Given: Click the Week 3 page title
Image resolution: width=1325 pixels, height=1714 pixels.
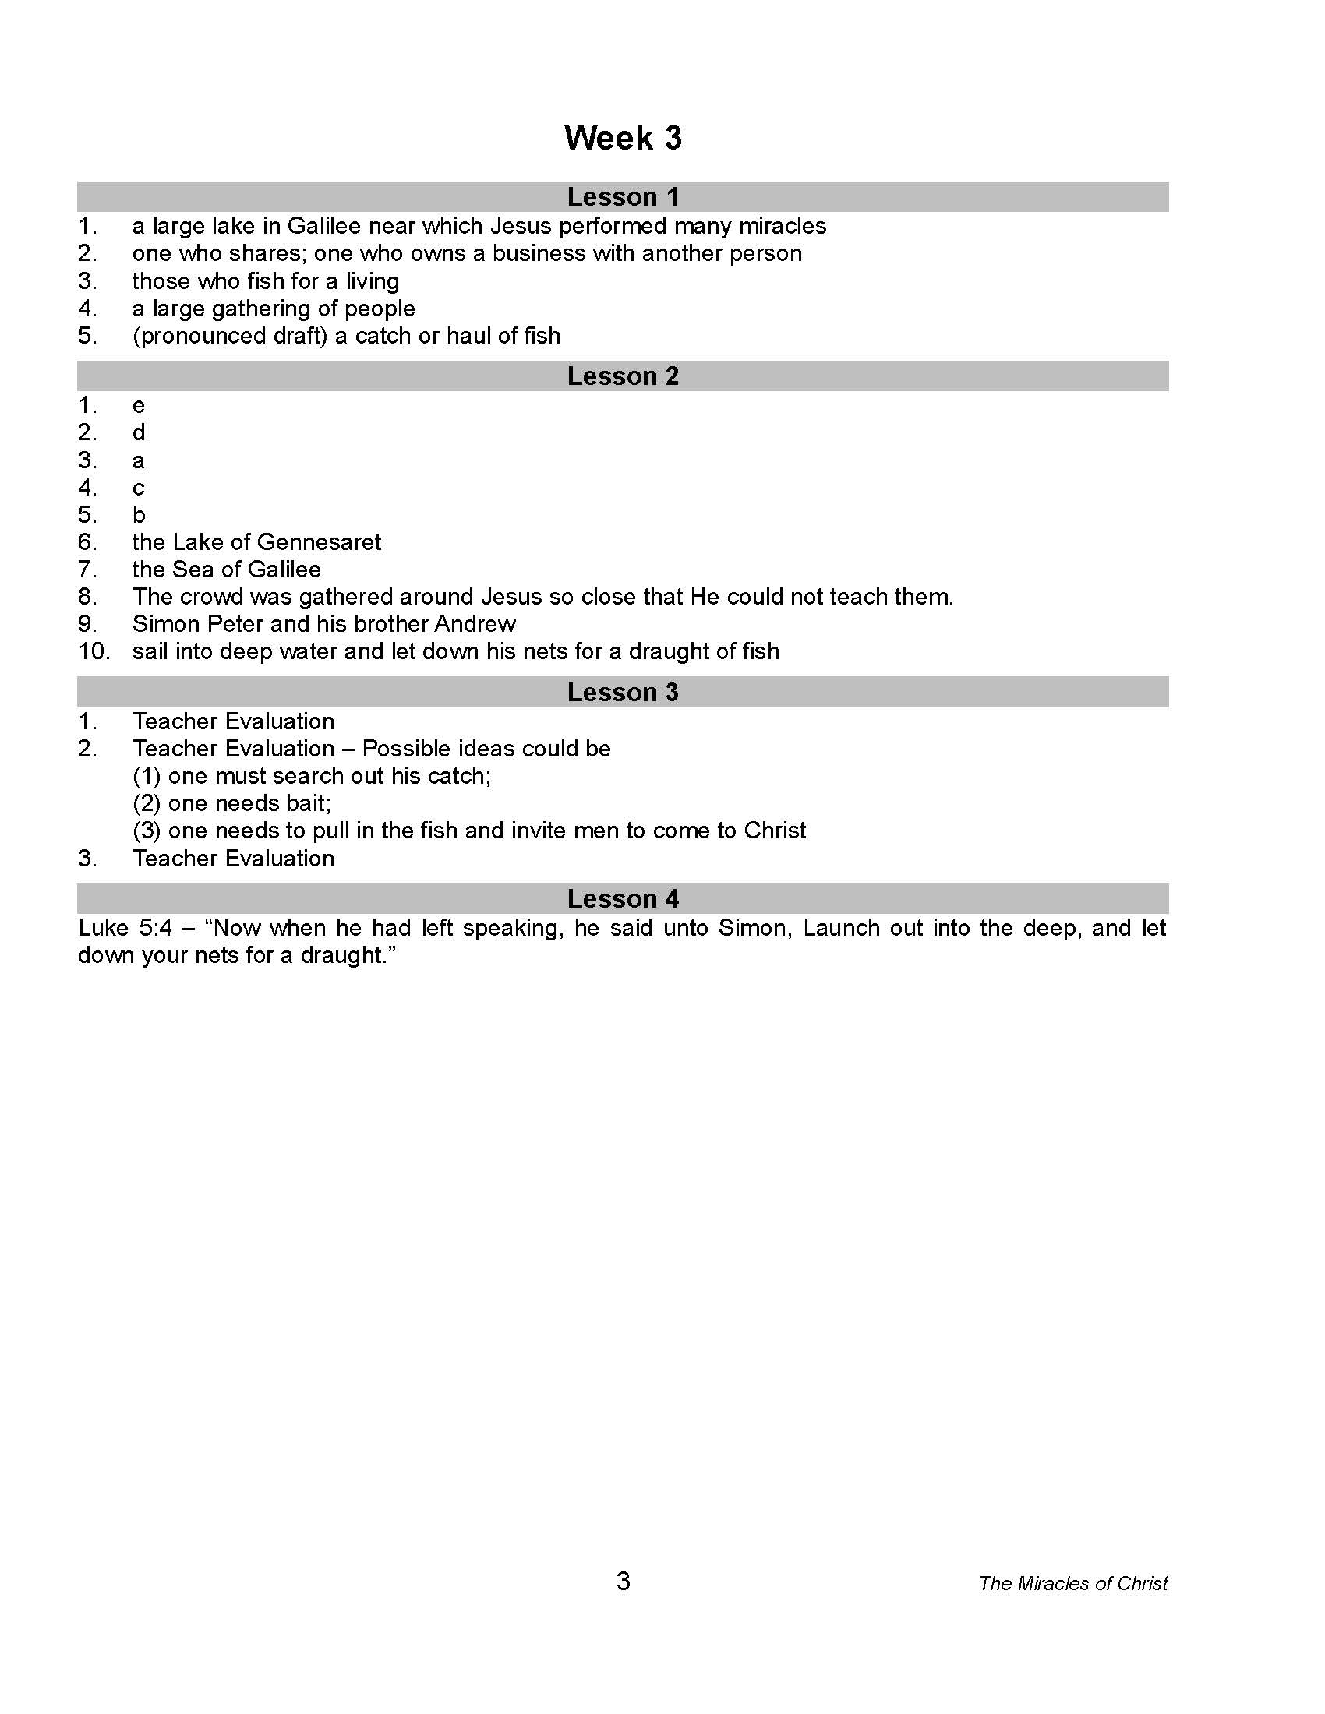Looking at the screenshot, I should [623, 138].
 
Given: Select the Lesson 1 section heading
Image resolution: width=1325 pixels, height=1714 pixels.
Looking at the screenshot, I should [623, 197].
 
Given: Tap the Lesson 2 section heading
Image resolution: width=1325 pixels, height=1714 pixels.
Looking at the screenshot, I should [623, 377].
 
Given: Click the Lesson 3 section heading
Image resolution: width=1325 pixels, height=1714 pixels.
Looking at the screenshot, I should [623, 692].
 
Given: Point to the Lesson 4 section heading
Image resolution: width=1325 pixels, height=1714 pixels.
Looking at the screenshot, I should [623, 898].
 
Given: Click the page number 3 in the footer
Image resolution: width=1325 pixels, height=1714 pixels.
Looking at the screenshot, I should [624, 1581].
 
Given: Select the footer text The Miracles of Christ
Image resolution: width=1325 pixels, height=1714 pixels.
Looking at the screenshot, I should [1073, 1583].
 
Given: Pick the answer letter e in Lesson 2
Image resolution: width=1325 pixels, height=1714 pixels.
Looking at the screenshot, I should [139, 407].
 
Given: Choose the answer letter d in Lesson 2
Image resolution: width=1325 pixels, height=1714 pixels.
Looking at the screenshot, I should [139, 432].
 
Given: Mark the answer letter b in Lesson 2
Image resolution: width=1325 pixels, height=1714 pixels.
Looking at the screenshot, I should [139, 515].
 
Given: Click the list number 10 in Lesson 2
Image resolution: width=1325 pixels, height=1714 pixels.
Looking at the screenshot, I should [94, 652].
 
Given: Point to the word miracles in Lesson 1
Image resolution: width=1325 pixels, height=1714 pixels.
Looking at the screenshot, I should [783, 227].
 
